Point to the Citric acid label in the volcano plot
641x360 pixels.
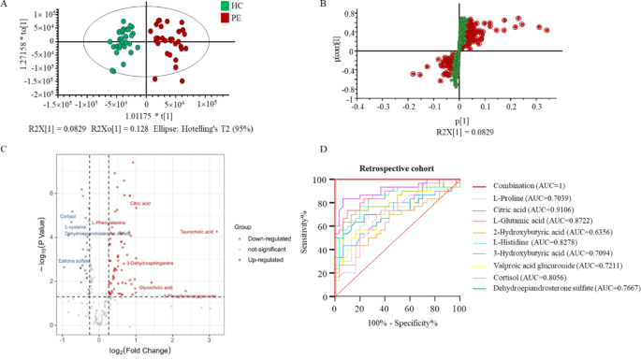point(141,203)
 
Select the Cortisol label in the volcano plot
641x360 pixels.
point(68,215)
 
